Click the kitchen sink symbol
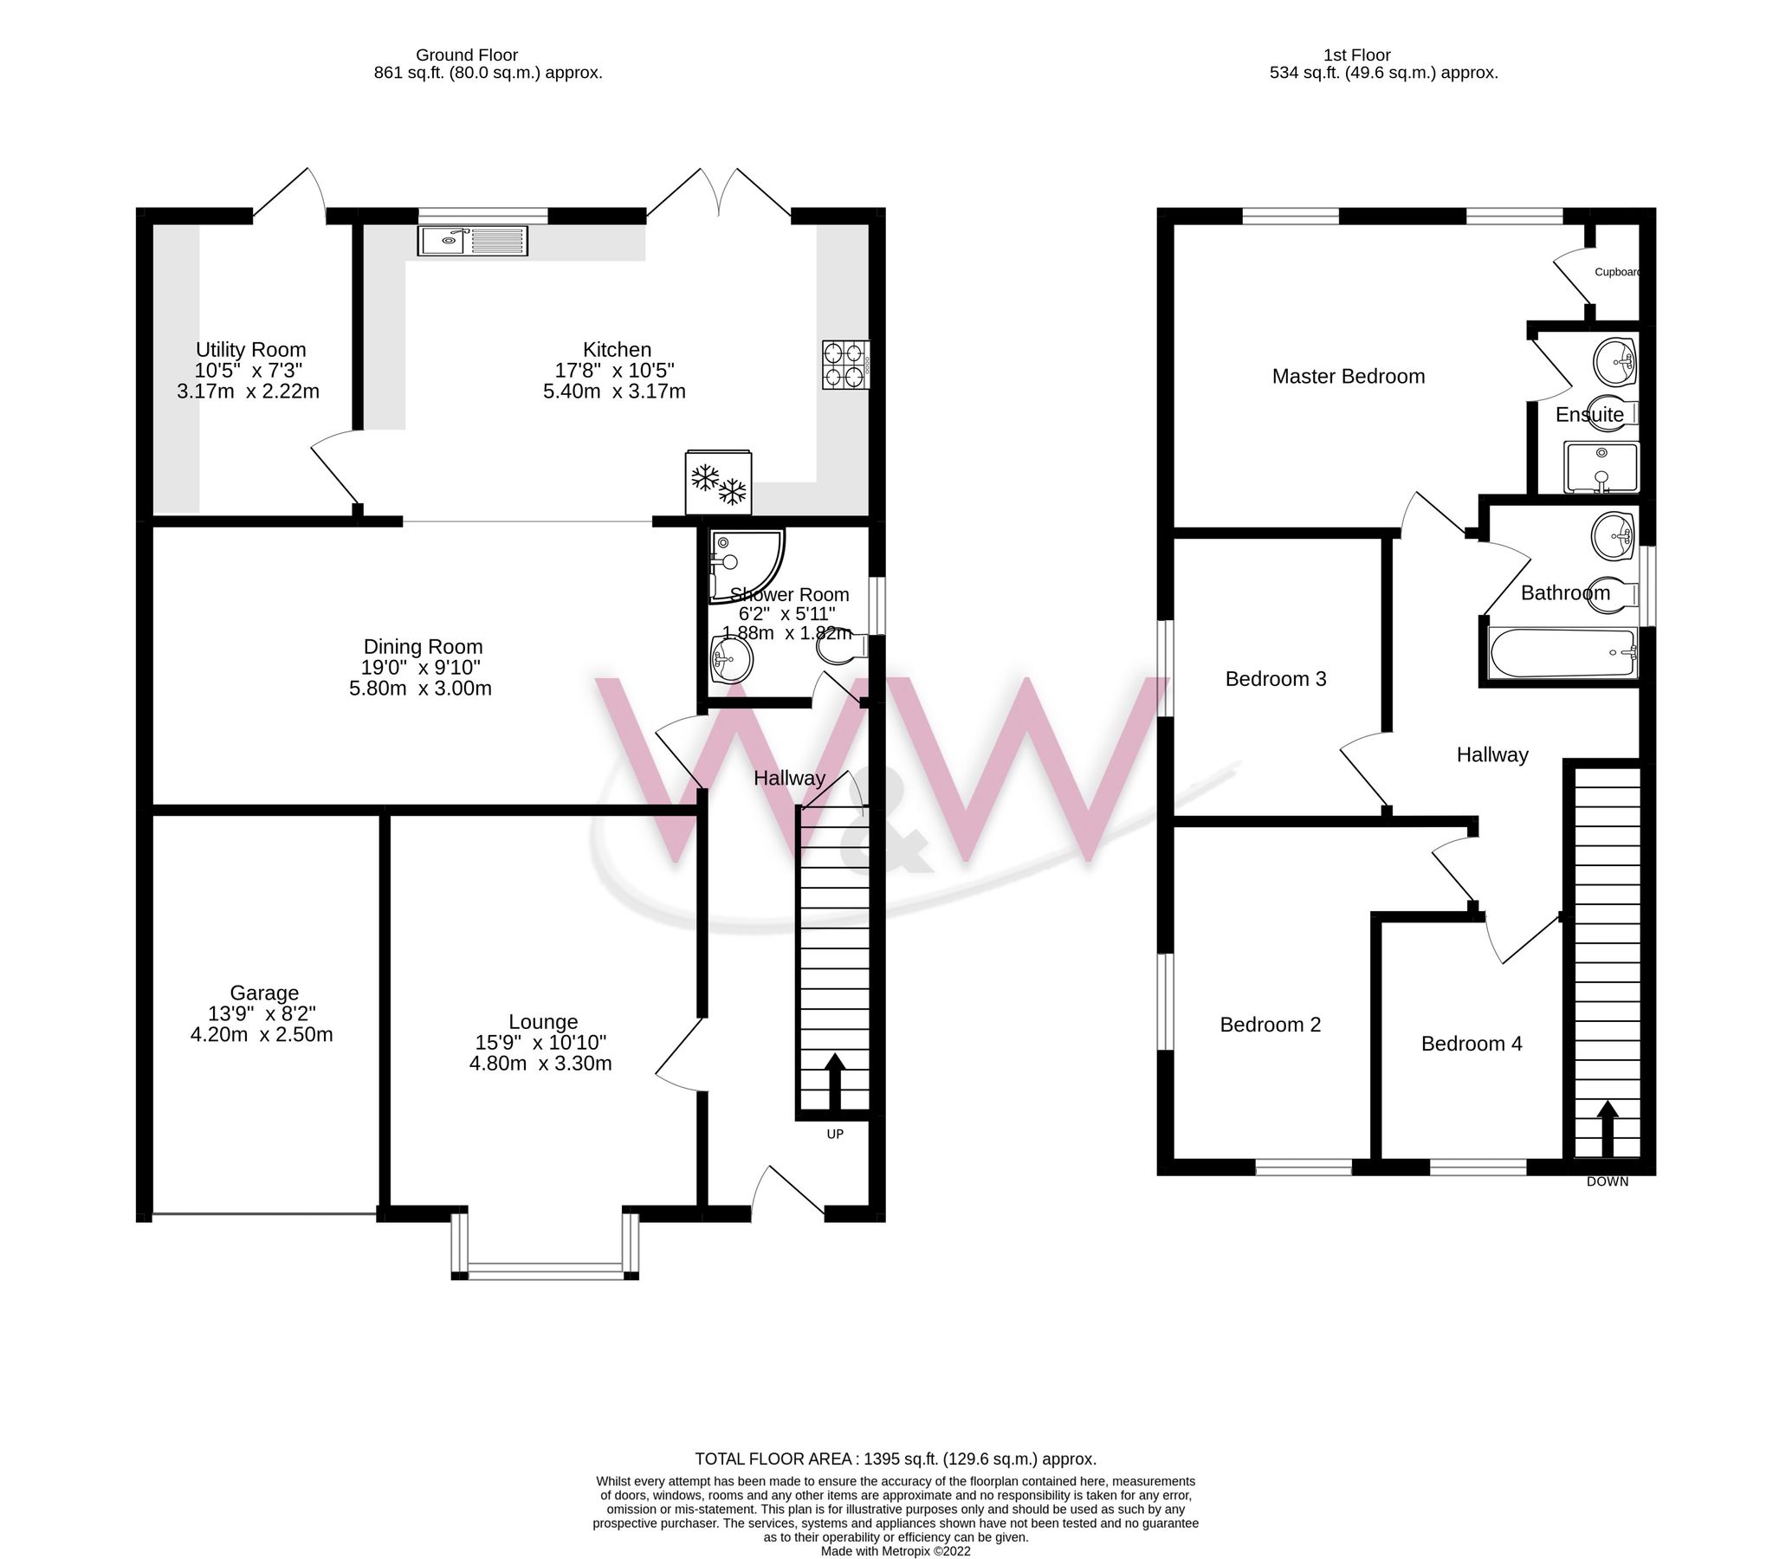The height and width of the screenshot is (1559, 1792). tap(472, 240)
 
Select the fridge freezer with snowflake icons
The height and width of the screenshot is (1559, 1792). tap(719, 482)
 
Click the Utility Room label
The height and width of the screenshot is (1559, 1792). tap(250, 350)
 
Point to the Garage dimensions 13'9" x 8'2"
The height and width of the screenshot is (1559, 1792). tap(262, 1013)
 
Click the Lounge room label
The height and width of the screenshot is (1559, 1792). tap(543, 1021)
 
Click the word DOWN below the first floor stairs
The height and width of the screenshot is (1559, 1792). tap(1607, 1181)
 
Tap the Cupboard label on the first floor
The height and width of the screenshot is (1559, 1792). tap(1616, 272)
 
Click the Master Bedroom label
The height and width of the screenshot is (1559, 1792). tap(1348, 377)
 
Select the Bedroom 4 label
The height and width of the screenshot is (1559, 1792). tap(1471, 1043)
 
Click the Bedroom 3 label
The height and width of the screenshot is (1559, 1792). tap(1275, 678)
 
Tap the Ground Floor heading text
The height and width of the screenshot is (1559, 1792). tap(466, 55)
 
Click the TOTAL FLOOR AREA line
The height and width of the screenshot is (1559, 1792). tap(895, 1459)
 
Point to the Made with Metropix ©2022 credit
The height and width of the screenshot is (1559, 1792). tap(895, 1550)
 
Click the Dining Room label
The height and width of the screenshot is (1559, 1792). tap(423, 646)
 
